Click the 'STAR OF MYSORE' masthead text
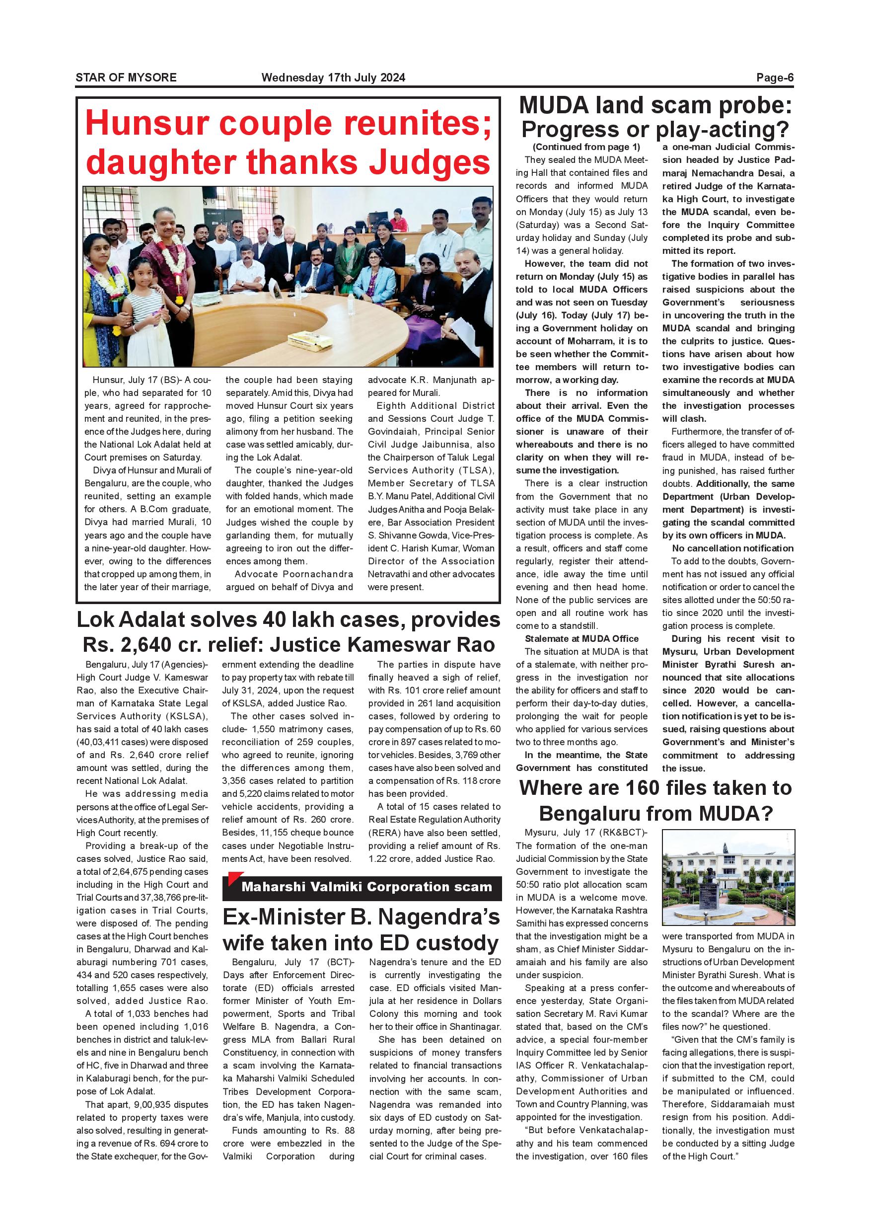pos(126,77)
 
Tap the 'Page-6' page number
pos(775,77)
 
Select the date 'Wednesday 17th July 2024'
pos(333,77)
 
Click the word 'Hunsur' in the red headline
pos(147,123)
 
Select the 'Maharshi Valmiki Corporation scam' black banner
pos(362,887)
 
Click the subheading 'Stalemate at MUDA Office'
pos(581,638)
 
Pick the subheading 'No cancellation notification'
pos(732,548)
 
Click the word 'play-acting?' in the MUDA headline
pos(722,130)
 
